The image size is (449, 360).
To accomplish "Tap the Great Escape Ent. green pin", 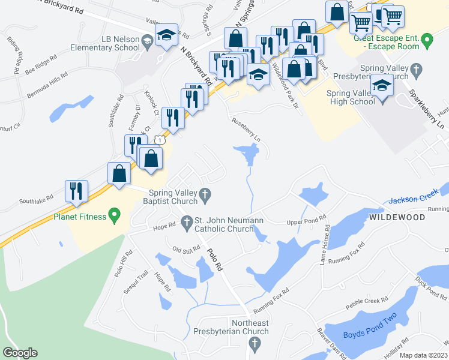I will [x=427, y=41].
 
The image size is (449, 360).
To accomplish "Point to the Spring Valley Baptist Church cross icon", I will [x=205, y=194].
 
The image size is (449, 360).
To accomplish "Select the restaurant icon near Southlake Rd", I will [x=76, y=191].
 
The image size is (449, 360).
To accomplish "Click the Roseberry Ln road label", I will [x=246, y=129].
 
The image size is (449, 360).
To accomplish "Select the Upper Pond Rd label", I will [x=306, y=221].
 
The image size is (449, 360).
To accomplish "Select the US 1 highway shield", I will [x=159, y=139].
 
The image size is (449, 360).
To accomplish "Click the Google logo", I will [x=20, y=353].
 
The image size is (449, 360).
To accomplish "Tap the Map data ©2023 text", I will [x=424, y=355].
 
